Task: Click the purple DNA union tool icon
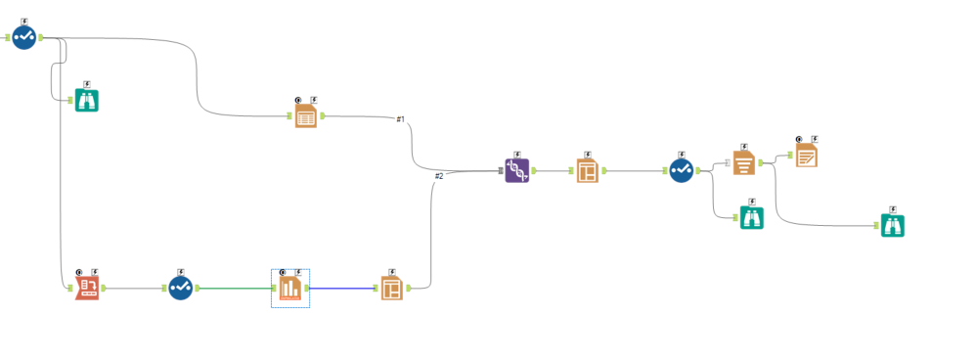517,171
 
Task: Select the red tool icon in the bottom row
87,288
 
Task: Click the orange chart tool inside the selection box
290,289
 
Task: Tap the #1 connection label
401,119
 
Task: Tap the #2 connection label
439,176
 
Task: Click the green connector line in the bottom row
235,289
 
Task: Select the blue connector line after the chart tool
342,289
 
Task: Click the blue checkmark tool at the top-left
25,37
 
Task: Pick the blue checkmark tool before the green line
180,288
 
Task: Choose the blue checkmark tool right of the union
682,170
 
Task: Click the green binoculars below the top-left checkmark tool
87,100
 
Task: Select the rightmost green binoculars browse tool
892,225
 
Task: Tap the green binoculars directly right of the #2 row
751,218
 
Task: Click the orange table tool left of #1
306,116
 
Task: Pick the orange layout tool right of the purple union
587,171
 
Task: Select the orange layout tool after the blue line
392,288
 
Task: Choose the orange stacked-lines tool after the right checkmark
744,162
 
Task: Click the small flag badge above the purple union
517,153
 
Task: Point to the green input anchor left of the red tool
67,289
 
